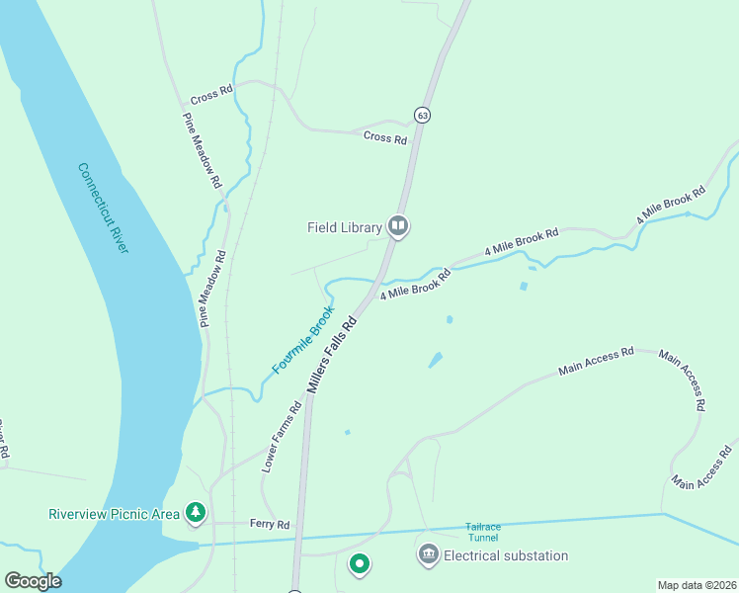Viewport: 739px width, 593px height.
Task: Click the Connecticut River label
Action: tap(104, 208)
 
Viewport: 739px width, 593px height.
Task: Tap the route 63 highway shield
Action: tap(423, 115)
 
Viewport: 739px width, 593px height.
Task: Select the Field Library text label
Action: tap(344, 227)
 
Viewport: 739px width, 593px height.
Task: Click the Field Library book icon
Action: tap(398, 227)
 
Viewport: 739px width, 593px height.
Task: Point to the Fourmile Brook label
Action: tap(304, 340)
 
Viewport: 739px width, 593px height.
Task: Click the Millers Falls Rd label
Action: tap(333, 355)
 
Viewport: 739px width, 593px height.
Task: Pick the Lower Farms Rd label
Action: tap(282, 436)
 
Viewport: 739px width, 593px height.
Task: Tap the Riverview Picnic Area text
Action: tap(115, 513)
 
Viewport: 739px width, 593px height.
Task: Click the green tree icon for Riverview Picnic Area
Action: tap(197, 512)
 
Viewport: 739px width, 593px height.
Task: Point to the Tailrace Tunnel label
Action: tap(483, 532)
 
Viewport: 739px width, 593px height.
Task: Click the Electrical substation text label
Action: tap(506, 555)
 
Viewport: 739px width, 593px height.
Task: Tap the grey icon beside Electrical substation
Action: tap(428, 555)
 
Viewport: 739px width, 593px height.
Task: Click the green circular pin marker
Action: tap(360, 564)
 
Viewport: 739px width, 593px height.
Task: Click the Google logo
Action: tap(33, 581)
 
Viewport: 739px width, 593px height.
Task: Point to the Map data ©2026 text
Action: tap(696, 585)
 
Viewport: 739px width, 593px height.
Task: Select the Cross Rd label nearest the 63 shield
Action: tap(385, 138)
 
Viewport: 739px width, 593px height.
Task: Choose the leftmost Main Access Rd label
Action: tap(596, 361)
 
